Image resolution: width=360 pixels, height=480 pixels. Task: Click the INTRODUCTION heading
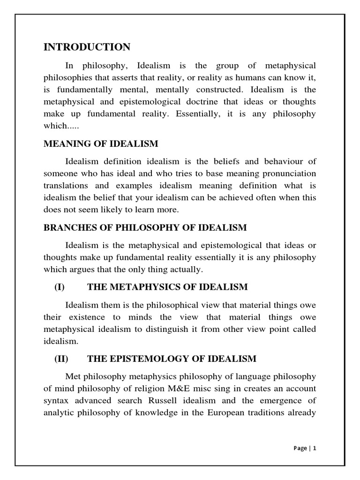[87, 47]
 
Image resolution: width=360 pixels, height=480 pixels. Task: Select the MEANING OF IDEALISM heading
[101, 143]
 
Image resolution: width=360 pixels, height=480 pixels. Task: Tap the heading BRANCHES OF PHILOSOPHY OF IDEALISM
[145, 228]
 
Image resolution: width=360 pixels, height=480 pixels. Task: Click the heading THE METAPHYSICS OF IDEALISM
[167, 287]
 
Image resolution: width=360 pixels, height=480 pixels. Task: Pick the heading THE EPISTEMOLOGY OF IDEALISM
[172, 359]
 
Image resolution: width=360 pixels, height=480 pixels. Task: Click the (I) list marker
[60, 287]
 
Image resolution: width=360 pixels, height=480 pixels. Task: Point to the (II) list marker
[61, 359]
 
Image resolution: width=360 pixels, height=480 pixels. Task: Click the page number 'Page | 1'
[305, 448]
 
